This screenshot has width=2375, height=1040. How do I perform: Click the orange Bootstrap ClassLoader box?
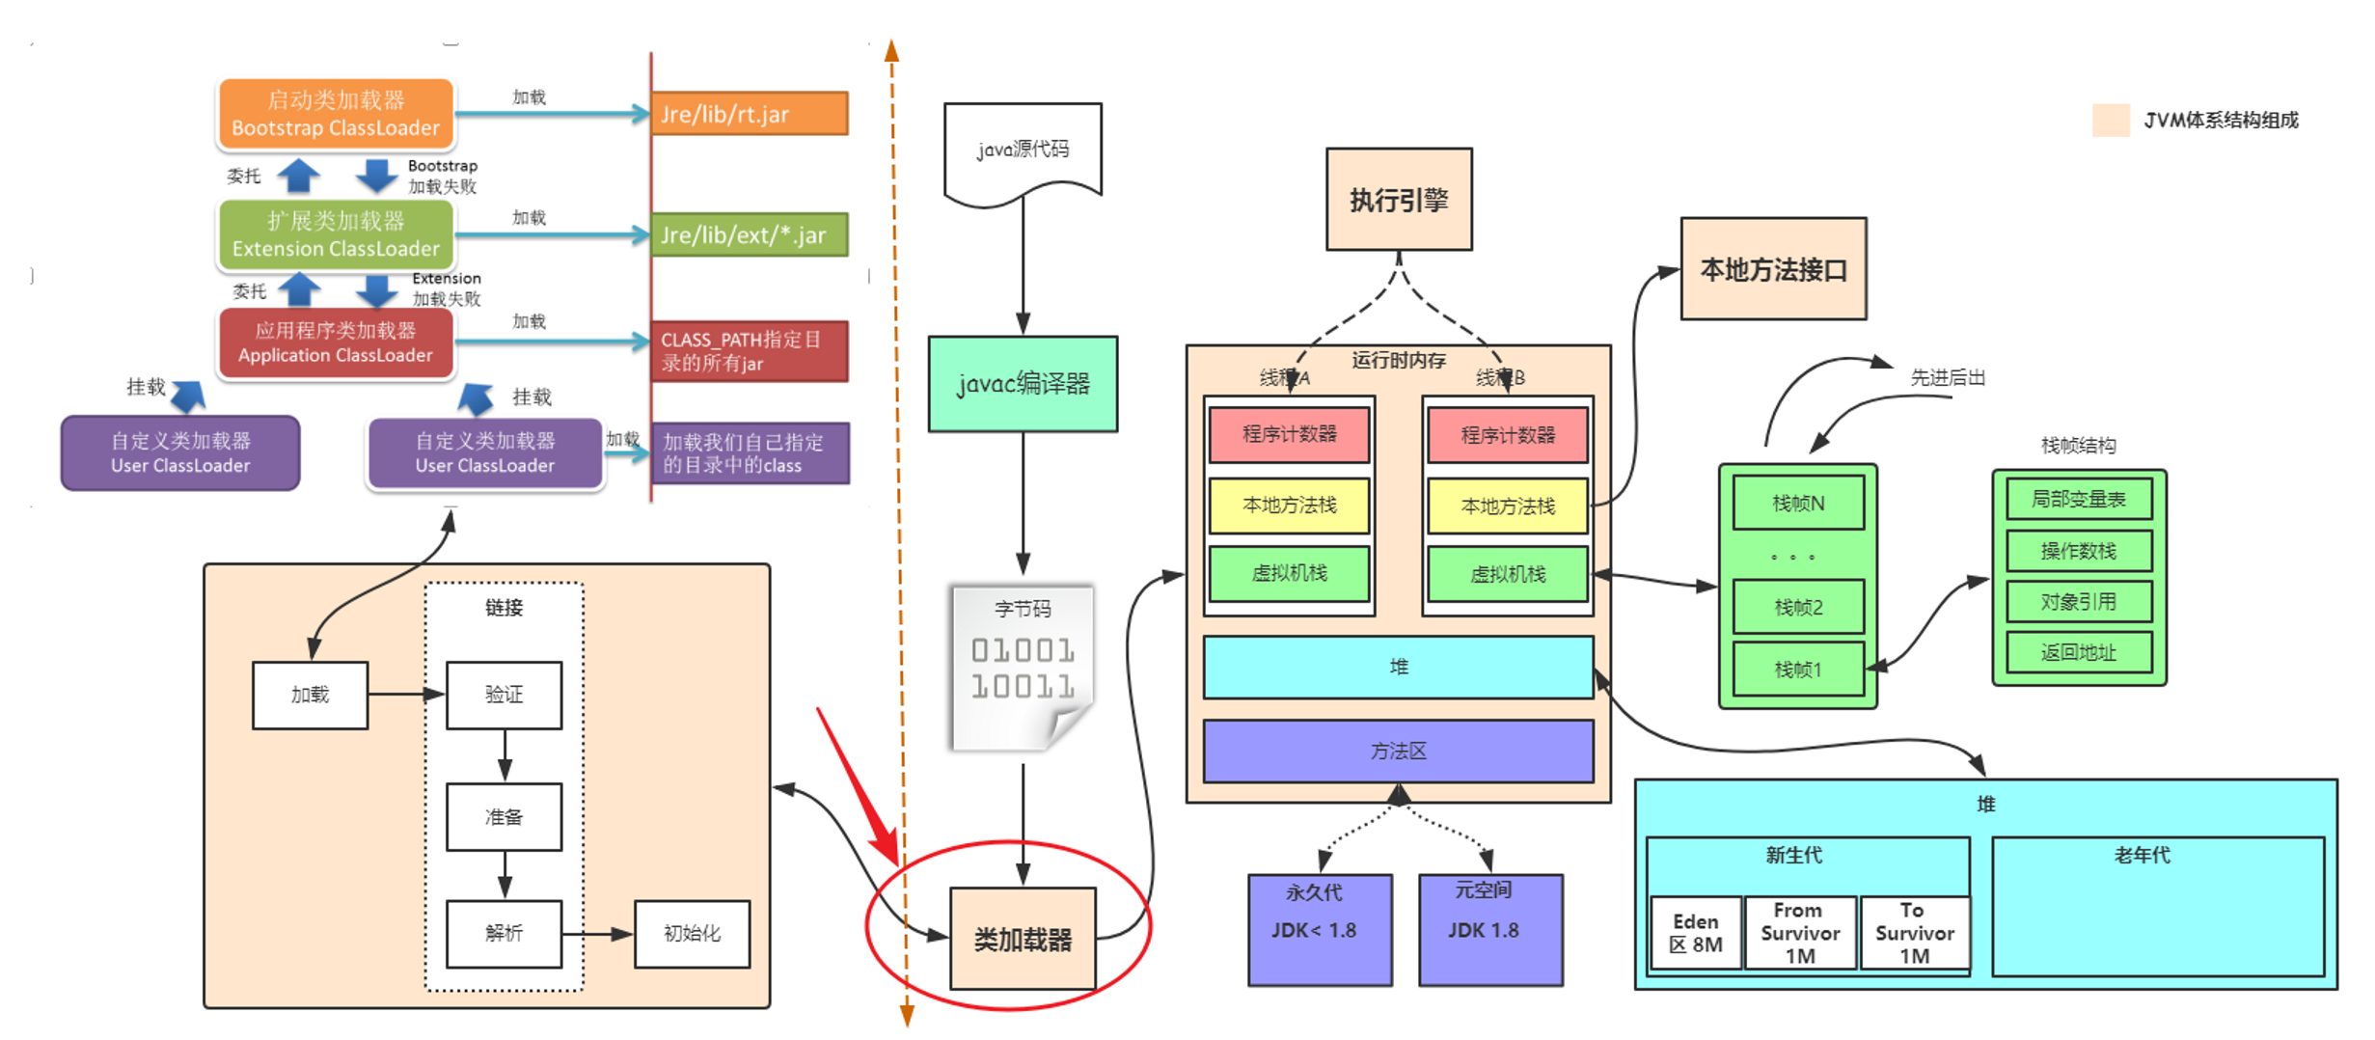pos(335,114)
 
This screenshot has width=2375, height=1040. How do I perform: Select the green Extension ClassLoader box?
pos(335,234)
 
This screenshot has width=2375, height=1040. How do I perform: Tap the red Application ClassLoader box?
pos(335,342)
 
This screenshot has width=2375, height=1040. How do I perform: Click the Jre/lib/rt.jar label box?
pos(750,114)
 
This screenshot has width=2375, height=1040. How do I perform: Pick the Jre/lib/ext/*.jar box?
pos(750,234)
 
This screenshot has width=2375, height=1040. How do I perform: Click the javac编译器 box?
pos(1023,384)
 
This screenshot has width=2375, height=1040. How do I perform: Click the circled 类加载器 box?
pos(1023,939)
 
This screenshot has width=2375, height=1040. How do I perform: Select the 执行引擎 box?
pos(1399,200)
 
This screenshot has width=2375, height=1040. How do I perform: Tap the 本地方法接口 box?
pos(1773,269)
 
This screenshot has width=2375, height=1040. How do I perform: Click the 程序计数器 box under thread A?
pos(1289,434)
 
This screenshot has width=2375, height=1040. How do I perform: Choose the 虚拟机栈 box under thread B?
pos(1507,574)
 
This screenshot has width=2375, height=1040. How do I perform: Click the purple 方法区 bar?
pos(1398,751)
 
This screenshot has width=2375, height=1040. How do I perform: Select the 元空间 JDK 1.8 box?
pos(1489,929)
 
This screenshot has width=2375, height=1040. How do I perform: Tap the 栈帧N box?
pos(1798,503)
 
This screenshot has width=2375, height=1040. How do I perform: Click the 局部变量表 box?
pos(2078,499)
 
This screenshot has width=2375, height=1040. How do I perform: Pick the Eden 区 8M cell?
pos(1695,933)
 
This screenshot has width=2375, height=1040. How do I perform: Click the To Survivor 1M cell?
pos(1914,933)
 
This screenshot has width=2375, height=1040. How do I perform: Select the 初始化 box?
pos(692,933)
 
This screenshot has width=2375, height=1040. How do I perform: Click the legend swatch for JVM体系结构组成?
pos(2111,121)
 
